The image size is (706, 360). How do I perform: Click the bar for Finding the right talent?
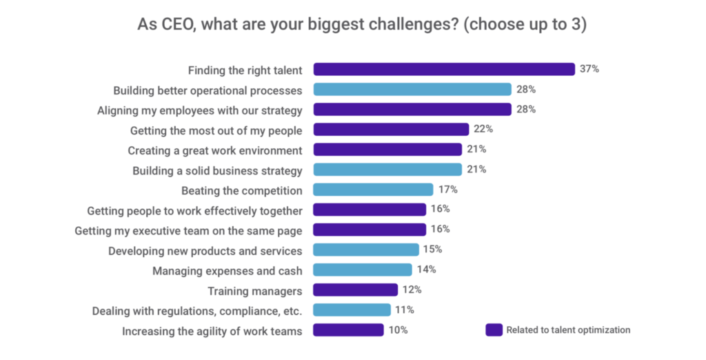point(444,70)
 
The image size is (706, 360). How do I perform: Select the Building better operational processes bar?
point(412,90)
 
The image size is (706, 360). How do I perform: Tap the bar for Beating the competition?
point(373,190)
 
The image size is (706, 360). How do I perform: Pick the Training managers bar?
point(355,290)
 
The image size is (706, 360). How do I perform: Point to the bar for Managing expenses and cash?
point(363,270)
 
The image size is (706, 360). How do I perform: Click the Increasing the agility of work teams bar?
point(348,330)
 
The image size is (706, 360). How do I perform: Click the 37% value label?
point(589,70)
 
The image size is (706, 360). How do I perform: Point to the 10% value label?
point(397,330)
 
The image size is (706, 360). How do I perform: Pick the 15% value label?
point(432,250)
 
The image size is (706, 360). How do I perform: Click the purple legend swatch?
point(494,330)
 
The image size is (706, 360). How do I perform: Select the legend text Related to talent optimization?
point(568,330)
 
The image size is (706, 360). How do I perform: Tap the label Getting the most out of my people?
point(216,130)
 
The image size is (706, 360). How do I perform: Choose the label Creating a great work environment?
point(215,150)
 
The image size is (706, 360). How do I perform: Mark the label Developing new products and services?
point(205,250)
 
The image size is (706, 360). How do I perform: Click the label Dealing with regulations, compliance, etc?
point(197,310)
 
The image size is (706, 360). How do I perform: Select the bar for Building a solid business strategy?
point(387,170)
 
